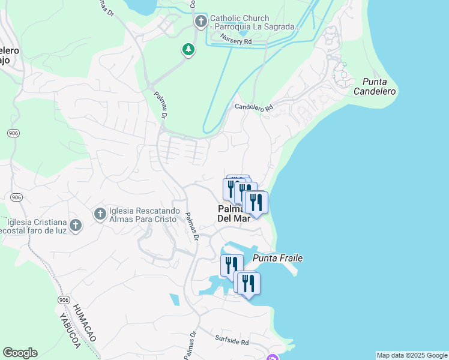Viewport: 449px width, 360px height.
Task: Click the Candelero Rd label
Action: coord(253,107)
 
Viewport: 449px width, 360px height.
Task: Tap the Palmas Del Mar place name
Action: coord(233,214)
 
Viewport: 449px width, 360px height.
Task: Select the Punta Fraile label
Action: coord(277,258)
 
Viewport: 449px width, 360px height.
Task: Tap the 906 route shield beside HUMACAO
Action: coord(64,299)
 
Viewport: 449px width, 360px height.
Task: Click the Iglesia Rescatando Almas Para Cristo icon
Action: coord(100,213)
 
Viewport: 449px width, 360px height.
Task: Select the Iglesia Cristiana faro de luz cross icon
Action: coord(75,225)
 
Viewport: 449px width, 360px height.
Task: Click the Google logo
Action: coord(20,353)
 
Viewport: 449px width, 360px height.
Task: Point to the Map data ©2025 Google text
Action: coord(412,355)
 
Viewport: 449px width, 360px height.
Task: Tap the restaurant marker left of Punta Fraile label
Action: coord(231,265)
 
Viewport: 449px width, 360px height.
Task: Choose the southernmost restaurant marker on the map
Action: coord(249,284)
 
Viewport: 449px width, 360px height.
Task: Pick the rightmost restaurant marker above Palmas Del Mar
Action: coord(256,203)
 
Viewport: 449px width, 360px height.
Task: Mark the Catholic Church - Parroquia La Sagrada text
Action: coord(254,23)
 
